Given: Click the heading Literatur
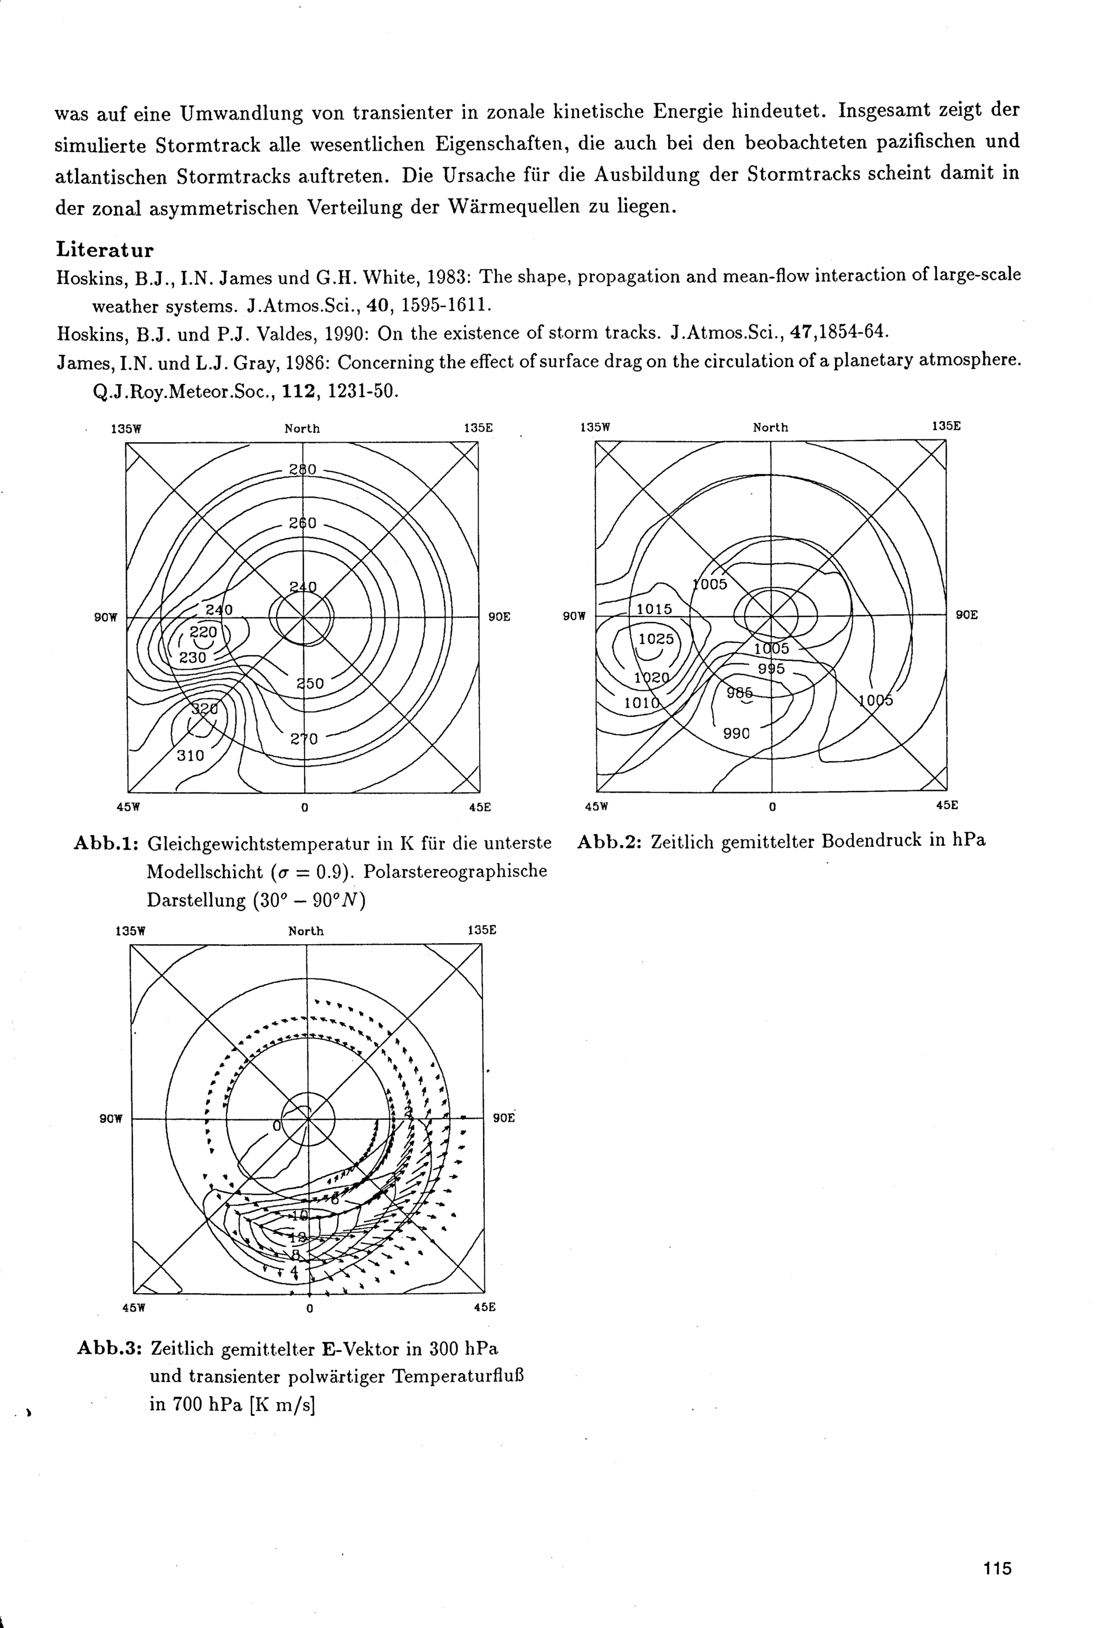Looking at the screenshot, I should click(x=104, y=250).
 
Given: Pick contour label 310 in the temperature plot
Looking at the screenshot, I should click(x=190, y=756).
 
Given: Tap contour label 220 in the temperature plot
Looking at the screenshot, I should click(x=204, y=631).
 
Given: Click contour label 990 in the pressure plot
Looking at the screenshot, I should click(x=736, y=734).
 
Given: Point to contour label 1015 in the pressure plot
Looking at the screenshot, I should click(x=654, y=610).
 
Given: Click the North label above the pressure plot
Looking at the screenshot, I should click(x=771, y=427).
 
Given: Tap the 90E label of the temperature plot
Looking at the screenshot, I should click(x=499, y=617).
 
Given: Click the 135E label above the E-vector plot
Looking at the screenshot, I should click(x=482, y=930).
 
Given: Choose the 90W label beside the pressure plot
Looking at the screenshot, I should click(x=573, y=616).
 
